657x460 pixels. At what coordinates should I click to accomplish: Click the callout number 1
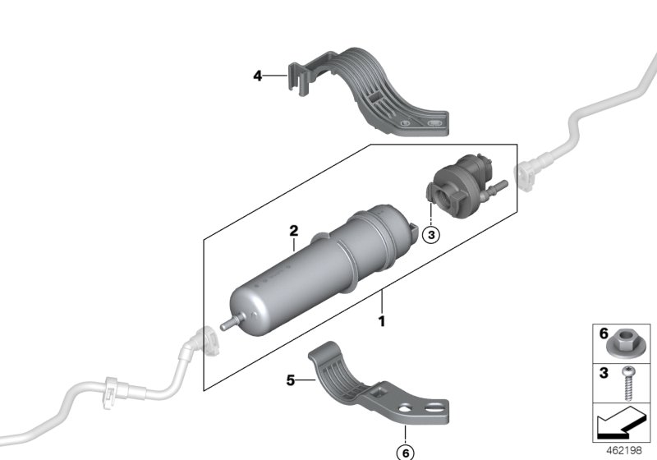point(381,320)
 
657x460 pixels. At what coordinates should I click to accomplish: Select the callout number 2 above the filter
point(293,232)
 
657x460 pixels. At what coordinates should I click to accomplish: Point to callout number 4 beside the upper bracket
point(257,76)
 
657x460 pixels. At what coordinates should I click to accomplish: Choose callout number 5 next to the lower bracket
point(290,380)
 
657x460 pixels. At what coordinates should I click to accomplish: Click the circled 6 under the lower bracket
point(403,450)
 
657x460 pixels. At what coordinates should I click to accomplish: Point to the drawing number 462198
point(627,450)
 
